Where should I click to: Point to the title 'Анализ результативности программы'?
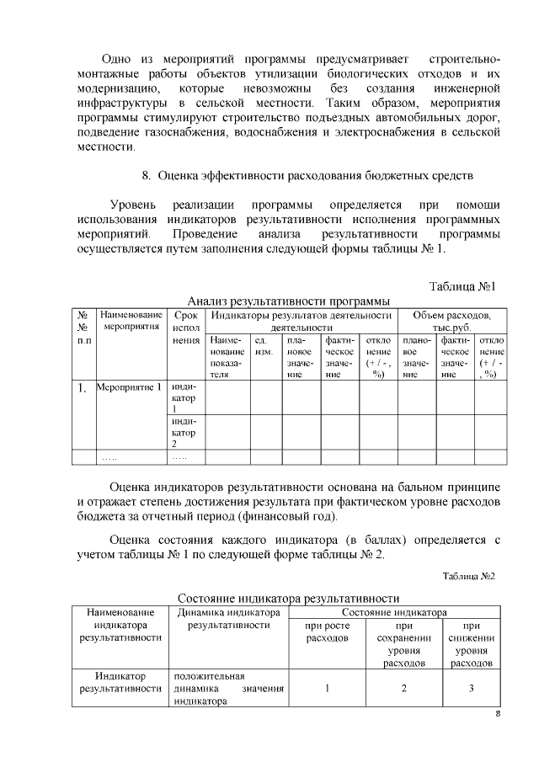pos(289,301)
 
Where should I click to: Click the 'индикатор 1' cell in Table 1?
pos(184,397)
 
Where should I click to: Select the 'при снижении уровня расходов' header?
pos(472,644)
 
